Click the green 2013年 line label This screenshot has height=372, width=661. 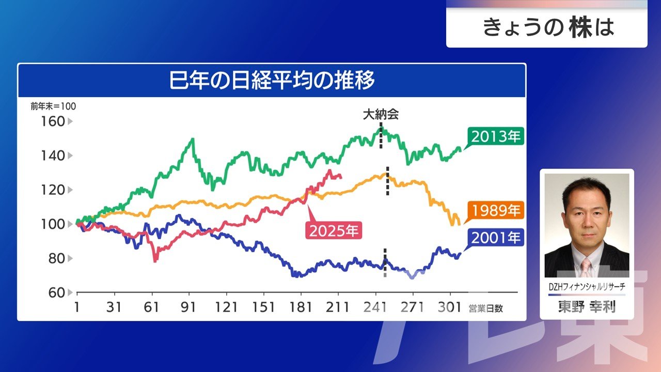pyautogui.click(x=496, y=137)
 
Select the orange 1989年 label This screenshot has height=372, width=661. pyautogui.click(x=496, y=211)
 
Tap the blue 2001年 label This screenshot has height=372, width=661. pyautogui.click(x=496, y=238)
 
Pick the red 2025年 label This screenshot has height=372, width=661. pyautogui.click(x=334, y=230)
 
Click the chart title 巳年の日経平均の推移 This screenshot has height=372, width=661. pyautogui.click(x=272, y=82)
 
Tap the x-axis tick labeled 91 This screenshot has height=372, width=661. pyautogui.click(x=189, y=307)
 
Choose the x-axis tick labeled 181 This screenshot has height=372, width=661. pyautogui.click(x=301, y=307)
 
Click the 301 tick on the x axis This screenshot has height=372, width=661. pyautogui.click(x=450, y=307)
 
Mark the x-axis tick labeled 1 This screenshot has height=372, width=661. pyautogui.click(x=77, y=307)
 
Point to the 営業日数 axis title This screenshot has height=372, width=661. pyautogui.click(x=485, y=308)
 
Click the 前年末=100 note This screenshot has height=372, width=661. pyautogui.click(x=53, y=106)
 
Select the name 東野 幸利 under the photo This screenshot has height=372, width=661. pyautogui.click(x=587, y=307)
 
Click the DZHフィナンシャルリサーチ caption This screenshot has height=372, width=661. pyautogui.click(x=587, y=287)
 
